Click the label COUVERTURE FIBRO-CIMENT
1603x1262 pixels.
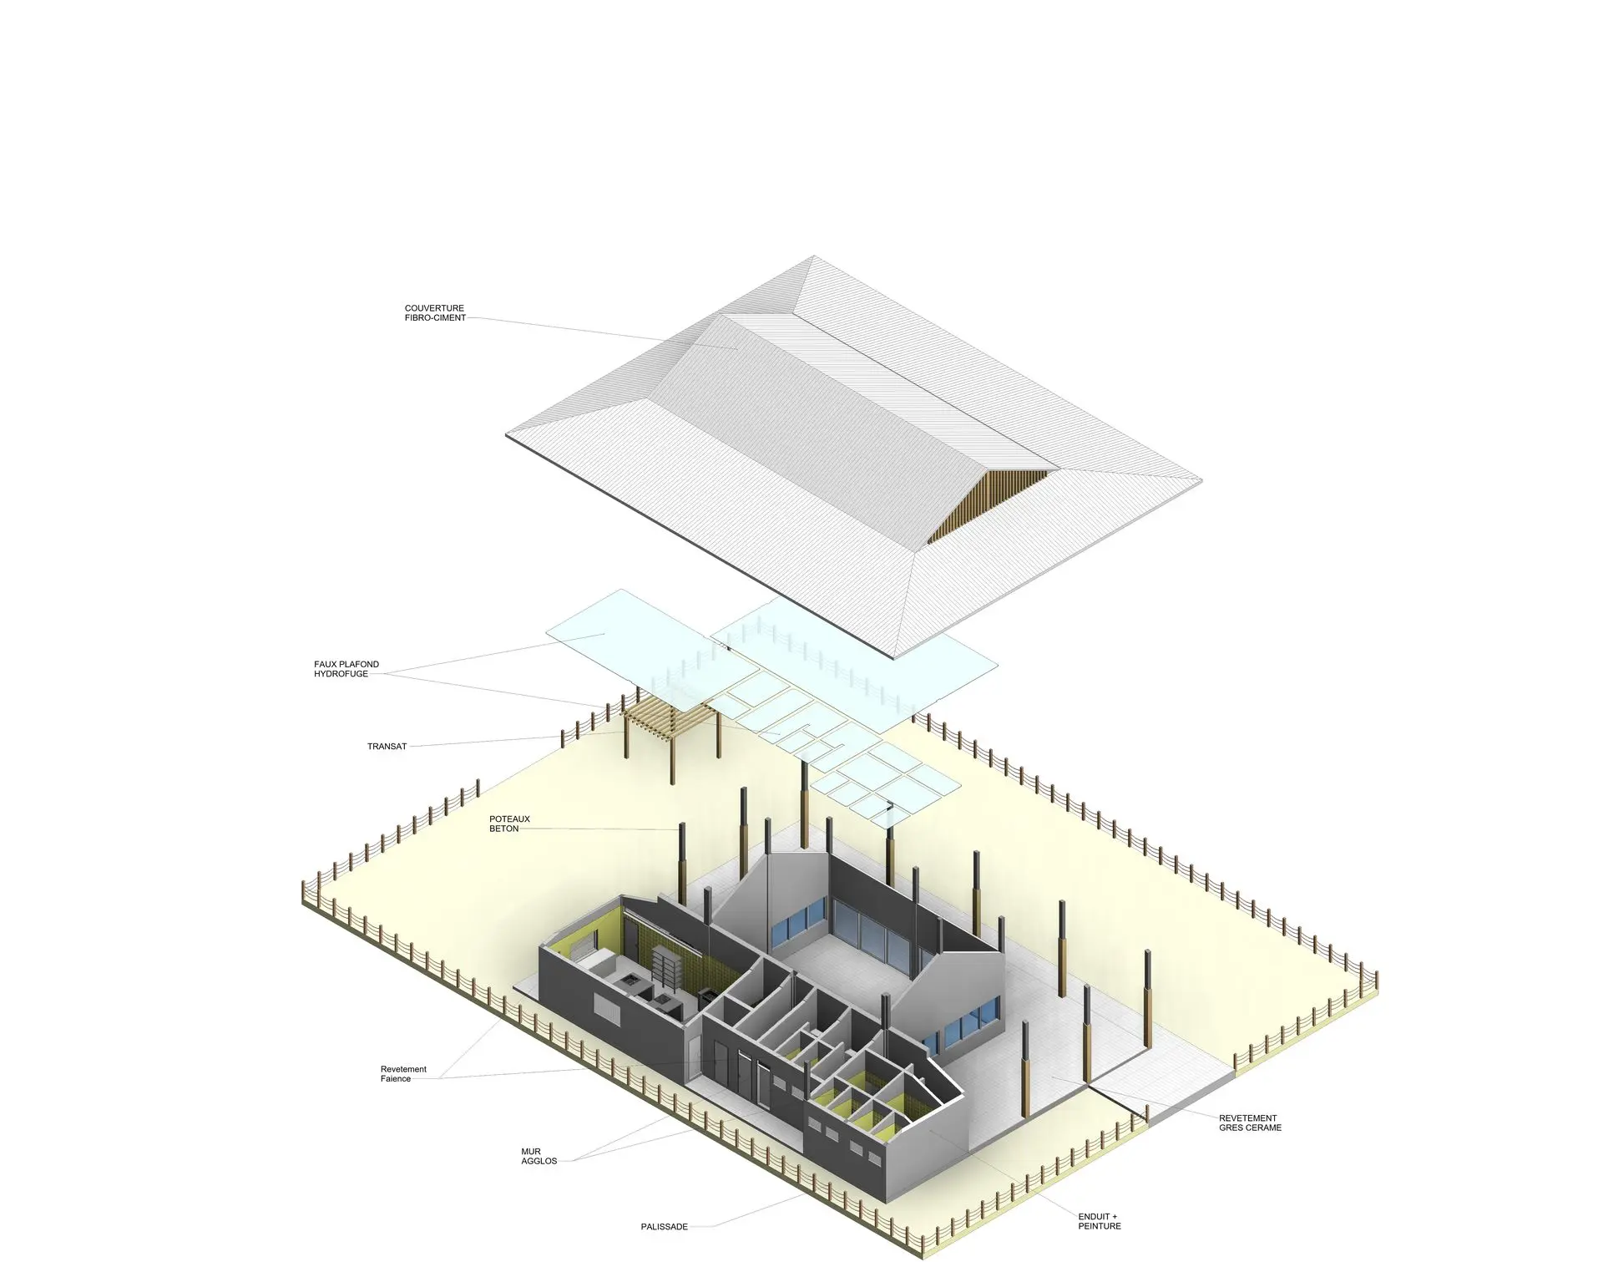click(x=435, y=313)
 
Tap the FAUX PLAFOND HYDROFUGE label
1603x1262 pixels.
click(x=346, y=669)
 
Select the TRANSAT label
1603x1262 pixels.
click(x=387, y=747)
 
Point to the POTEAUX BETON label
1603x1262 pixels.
click(x=509, y=824)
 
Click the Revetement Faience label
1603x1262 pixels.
click(x=403, y=1074)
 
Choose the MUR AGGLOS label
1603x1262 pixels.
click(x=539, y=1157)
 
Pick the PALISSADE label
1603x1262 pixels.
click(x=665, y=1227)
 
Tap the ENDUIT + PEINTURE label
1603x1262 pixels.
click(x=1100, y=1222)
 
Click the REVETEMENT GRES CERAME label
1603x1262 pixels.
click(x=1250, y=1123)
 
